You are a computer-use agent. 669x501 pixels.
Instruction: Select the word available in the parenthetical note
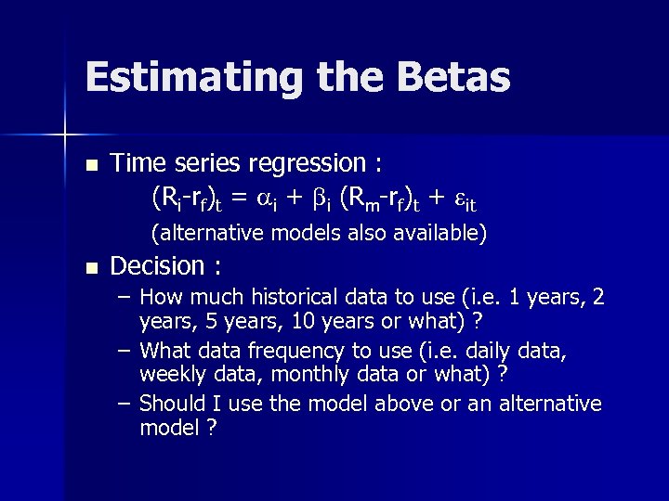pyautogui.click(x=441, y=232)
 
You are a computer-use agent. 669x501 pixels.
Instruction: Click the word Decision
pyautogui.click(x=157, y=267)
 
